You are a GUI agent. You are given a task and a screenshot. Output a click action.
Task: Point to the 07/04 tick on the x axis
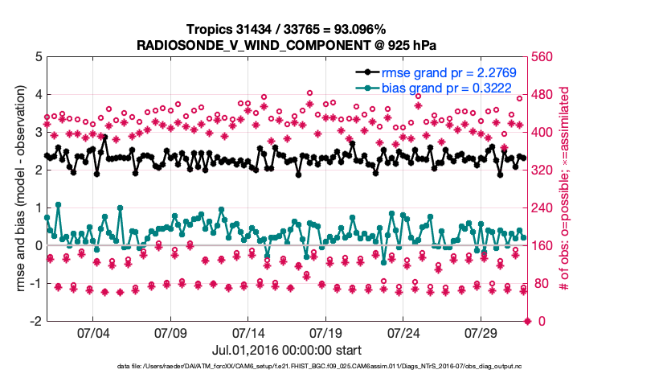(x=92, y=333)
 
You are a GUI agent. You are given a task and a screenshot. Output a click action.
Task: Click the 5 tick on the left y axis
(x=37, y=57)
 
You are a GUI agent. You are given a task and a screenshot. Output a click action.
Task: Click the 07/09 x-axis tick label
(x=170, y=333)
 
